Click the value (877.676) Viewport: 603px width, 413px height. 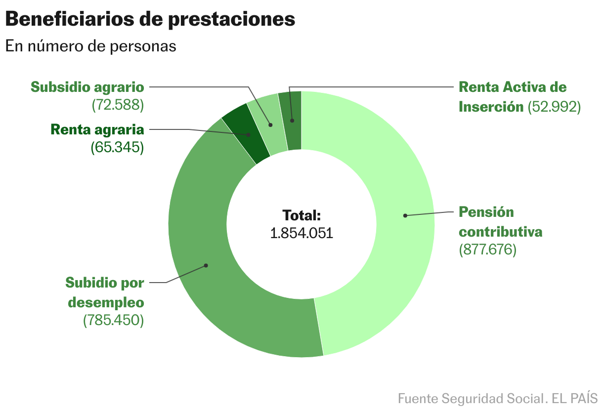(487, 249)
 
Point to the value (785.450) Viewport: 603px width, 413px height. (113, 320)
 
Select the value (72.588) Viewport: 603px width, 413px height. (117, 105)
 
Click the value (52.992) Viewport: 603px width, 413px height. (554, 107)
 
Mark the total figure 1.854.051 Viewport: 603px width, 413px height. (301, 233)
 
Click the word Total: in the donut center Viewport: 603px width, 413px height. (301, 215)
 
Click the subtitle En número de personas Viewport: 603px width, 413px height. (90, 46)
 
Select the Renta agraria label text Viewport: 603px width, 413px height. (97, 130)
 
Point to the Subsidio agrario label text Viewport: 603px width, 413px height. (87, 87)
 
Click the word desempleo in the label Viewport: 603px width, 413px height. (106, 302)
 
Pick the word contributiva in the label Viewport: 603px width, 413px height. (501, 232)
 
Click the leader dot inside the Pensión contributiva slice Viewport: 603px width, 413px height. (405, 215)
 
